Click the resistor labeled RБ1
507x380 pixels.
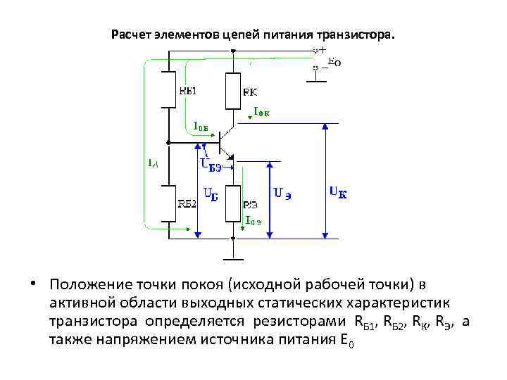coord(169,89)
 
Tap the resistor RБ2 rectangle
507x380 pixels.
coord(169,204)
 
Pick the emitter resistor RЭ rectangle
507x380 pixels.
coord(232,203)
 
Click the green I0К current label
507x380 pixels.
coord(262,111)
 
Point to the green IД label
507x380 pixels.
coord(153,163)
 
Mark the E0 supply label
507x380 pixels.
coord(334,62)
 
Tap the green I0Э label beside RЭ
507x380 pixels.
coord(254,220)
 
